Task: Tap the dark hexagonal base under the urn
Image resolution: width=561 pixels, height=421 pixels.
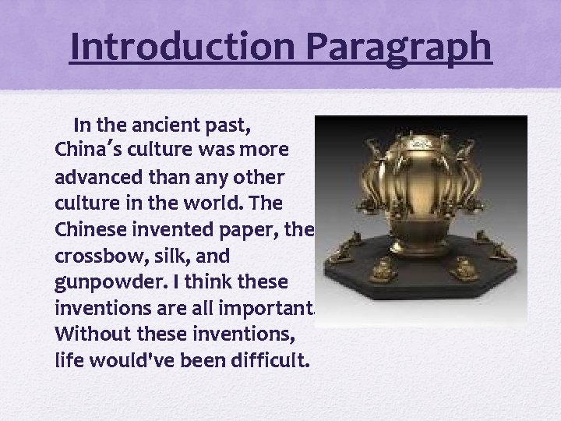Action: (x=421, y=288)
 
